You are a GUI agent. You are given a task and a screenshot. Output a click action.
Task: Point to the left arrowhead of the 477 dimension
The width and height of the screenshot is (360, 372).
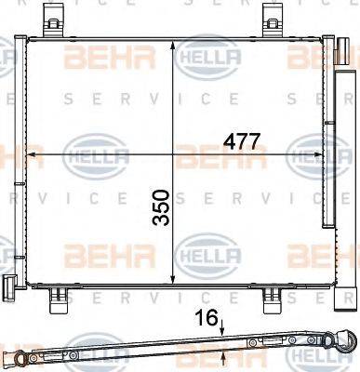click(31, 153)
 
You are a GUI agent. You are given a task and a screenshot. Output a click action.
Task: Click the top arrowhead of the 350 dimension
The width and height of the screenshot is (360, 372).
click(177, 45)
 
